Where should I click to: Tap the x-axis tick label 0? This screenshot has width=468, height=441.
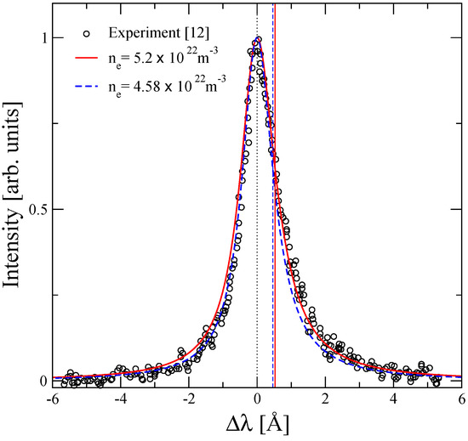(x=257, y=397)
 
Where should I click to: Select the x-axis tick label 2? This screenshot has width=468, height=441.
(x=325, y=397)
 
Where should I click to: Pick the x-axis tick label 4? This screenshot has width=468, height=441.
(x=393, y=397)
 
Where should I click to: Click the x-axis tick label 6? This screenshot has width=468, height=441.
(x=460, y=397)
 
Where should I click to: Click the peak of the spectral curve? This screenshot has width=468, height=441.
(x=257, y=38)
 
